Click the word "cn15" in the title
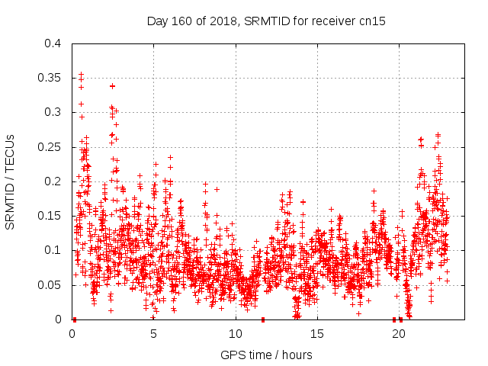(x=371, y=21)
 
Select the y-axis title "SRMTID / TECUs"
(x=10, y=182)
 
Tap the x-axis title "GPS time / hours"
(x=266, y=355)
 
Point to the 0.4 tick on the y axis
(x=53, y=43)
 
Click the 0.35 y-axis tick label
(x=50, y=78)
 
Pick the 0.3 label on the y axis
(x=53, y=112)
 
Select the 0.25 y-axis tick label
(x=50, y=146)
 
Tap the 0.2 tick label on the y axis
(x=53, y=181)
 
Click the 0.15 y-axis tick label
(x=50, y=216)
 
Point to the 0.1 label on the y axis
(x=53, y=250)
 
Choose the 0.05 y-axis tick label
(x=50, y=284)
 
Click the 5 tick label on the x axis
(x=154, y=333)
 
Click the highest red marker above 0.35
(x=81, y=74)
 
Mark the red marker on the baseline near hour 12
(x=263, y=319)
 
